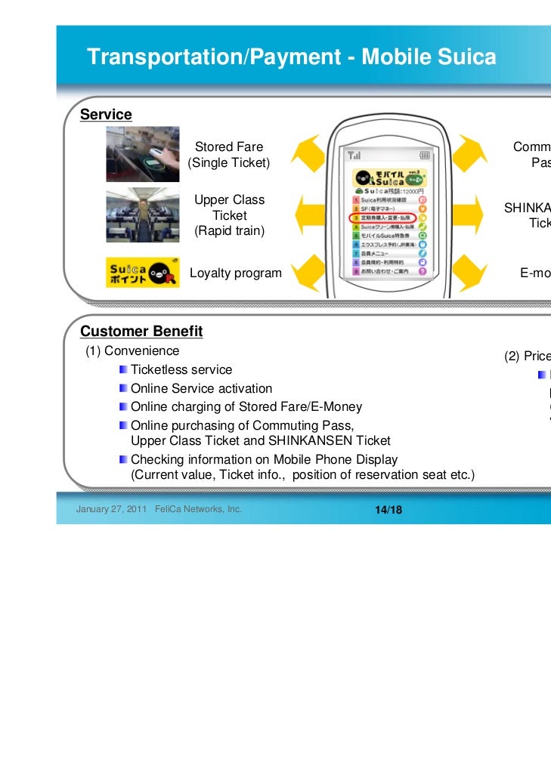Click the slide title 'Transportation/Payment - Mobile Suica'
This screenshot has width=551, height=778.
291,57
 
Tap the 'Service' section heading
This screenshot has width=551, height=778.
106,114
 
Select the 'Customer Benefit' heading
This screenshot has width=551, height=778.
141,331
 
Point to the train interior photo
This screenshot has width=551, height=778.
143,215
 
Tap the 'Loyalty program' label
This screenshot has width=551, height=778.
235,273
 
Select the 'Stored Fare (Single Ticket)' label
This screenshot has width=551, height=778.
229,154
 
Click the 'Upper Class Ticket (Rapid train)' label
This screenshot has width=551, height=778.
229,215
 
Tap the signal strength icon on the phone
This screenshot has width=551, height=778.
353,156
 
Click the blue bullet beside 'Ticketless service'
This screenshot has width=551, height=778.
123,370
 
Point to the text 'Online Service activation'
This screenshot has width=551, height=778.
201,388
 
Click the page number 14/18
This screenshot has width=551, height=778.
388,510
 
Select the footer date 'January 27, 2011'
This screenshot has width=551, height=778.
111,509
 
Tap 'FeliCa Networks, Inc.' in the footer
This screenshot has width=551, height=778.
197,509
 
